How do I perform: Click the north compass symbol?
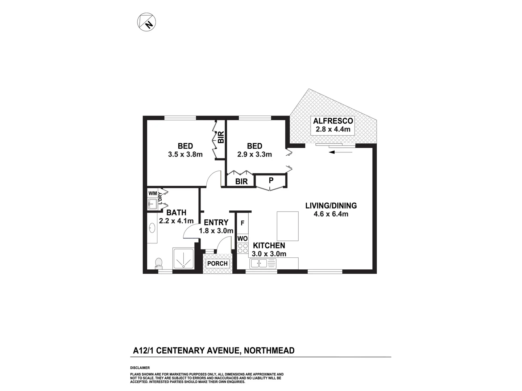coord(147,22)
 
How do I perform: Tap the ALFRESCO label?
coord(333,121)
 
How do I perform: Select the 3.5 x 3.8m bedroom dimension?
coord(185,155)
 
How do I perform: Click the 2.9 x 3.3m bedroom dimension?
coord(254,155)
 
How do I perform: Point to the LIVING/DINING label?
coord(331,206)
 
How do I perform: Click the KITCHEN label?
coord(269,246)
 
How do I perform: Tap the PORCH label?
coord(217,264)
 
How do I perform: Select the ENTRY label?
coord(216,222)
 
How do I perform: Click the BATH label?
coord(177,213)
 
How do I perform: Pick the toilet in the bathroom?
coord(158,262)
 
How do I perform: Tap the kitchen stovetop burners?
coord(243,248)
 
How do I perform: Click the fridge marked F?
coord(243,223)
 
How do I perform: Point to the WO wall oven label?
coord(243,239)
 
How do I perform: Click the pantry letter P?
coord(271,180)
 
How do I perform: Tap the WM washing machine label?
coord(153,194)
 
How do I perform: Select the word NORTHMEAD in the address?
coord(269,350)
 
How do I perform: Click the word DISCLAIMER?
coord(140,368)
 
